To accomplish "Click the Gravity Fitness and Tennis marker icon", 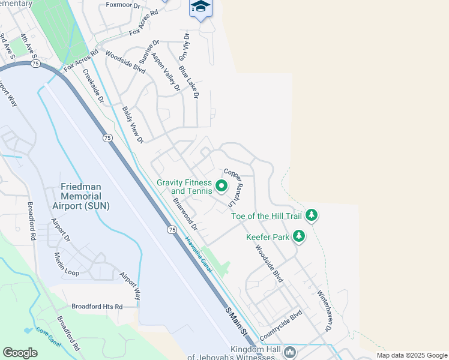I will pyautogui.click(x=221, y=186).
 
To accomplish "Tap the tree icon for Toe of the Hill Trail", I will pyautogui.click(x=311, y=214).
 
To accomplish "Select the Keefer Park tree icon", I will pyautogui.click(x=298, y=236).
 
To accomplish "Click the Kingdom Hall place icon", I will pyautogui.click(x=290, y=351).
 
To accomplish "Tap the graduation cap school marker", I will pyautogui.click(x=201, y=7).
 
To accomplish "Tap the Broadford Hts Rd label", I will pyautogui.click(x=97, y=306).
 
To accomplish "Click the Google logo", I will pyautogui.click(x=20, y=353).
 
